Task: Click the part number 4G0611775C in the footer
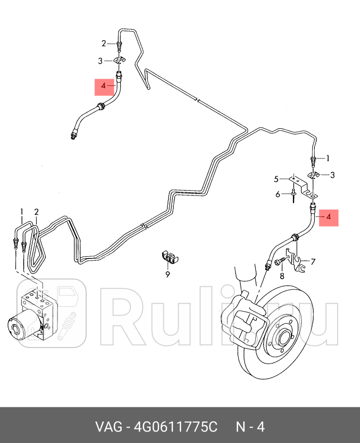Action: click(176, 427)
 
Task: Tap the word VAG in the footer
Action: click(109, 427)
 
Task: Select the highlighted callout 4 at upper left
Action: click(103, 85)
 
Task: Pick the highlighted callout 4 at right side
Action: click(329, 217)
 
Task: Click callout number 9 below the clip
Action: click(168, 274)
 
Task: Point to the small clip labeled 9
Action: click(169, 257)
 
